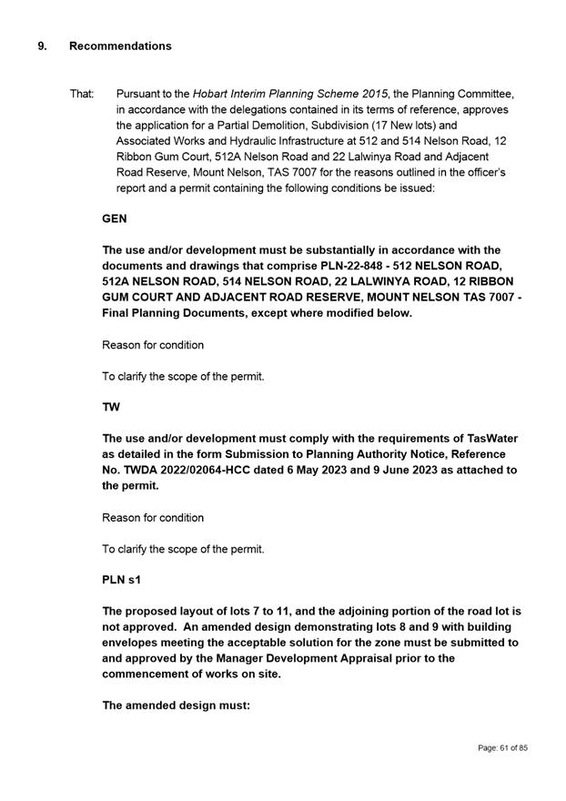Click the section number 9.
(x=42, y=46)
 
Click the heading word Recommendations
(x=120, y=46)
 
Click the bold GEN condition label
(x=115, y=219)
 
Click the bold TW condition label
(x=111, y=408)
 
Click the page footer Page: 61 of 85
(x=502, y=748)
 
